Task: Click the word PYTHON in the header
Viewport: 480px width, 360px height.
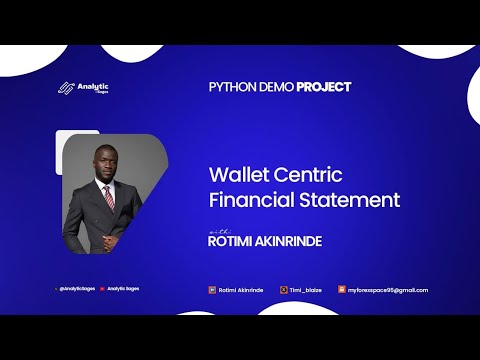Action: (230, 87)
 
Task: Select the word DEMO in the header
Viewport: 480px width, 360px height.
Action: (274, 87)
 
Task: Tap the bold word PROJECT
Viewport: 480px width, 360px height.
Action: (323, 87)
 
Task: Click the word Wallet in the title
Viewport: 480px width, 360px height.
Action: (235, 174)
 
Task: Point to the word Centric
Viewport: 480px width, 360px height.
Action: (307, 174)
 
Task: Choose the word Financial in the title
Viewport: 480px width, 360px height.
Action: (251, 200)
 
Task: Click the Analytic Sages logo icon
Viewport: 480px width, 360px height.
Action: (67, 87)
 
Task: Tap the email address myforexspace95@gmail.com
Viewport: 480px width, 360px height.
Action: (388, 290)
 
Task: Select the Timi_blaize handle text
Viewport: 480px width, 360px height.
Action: (306, 290)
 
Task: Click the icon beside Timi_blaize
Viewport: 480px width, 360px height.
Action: (284, 290)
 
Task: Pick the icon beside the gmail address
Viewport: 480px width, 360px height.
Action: (342, 290)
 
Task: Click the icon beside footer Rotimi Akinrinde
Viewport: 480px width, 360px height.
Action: (212, 290)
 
